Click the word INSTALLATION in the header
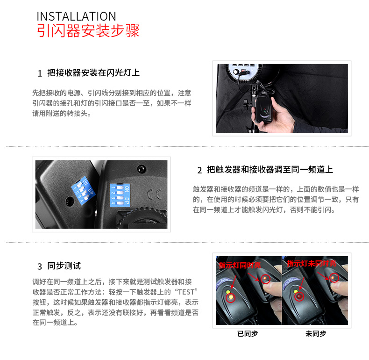76,16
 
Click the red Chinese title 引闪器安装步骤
88,31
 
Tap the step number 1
40,74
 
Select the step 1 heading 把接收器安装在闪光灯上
93,73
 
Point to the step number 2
199,170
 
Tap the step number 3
40,266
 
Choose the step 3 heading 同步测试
64,266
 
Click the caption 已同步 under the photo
247,333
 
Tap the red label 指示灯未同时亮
311,264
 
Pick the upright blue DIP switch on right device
120,194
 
